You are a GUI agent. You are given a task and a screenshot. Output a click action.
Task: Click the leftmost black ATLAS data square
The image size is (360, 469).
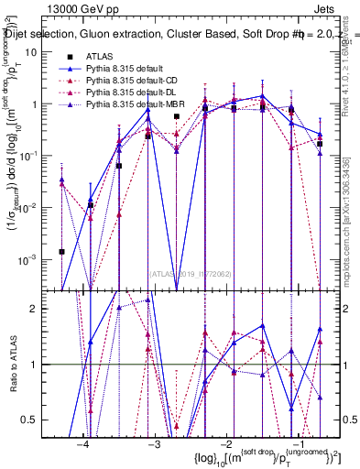pos(61,251)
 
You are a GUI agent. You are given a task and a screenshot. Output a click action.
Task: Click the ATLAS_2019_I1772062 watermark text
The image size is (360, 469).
pos(190,273)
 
